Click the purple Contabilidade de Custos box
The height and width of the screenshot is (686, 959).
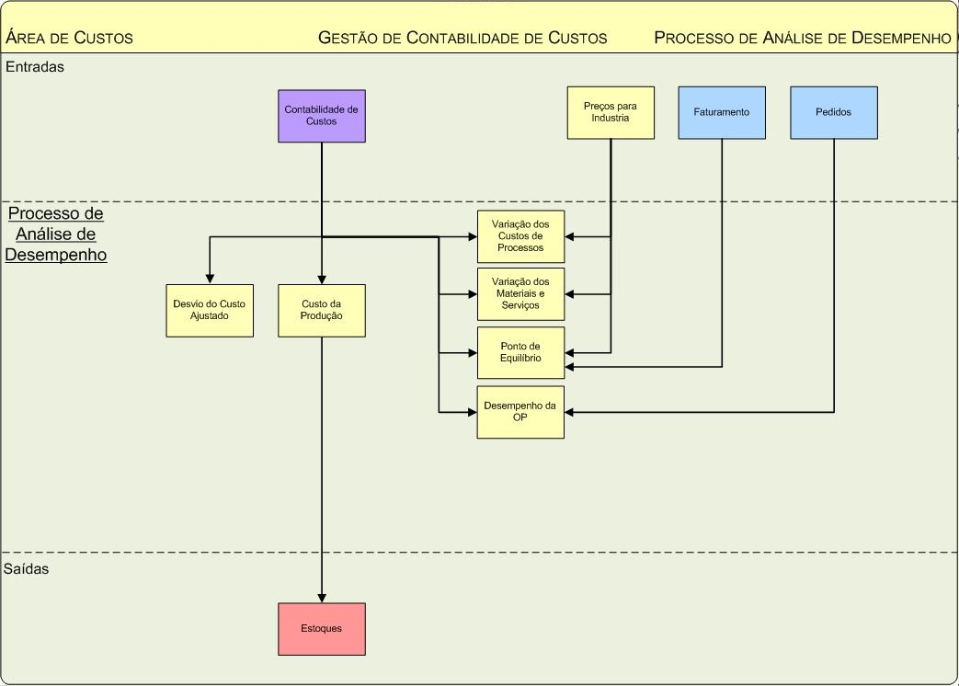pos(322,116)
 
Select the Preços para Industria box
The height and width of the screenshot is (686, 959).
pos(611,113)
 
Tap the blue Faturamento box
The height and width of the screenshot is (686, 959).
pos(722,113)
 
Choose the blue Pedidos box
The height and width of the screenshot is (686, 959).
pos(834,113)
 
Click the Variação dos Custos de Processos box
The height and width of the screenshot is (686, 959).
pos(520,236)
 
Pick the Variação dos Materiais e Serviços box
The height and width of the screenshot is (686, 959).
pos(520,294)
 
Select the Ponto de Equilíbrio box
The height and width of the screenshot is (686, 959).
pos(520,352)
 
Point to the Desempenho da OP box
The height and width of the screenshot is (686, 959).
pos(520,412)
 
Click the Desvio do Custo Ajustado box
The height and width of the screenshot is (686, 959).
pos(210,311)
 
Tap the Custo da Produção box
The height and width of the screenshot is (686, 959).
pos(322,311)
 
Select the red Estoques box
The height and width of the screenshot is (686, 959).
pos(322,629)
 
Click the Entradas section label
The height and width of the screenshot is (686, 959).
pos(35,67)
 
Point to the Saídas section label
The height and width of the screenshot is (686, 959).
pos(28,569)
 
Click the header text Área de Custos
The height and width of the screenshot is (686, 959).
pos(70,38)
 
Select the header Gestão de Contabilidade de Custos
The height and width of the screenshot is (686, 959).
pos(462,38)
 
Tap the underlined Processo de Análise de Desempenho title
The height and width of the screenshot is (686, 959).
pos(56,234)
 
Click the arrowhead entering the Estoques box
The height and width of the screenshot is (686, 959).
pos(322,598)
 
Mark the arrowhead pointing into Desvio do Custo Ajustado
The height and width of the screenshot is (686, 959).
pos(210,280)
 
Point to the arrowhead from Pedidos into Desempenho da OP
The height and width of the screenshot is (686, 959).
pos(570,412)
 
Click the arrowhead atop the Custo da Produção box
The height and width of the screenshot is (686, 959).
pos(322,280)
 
